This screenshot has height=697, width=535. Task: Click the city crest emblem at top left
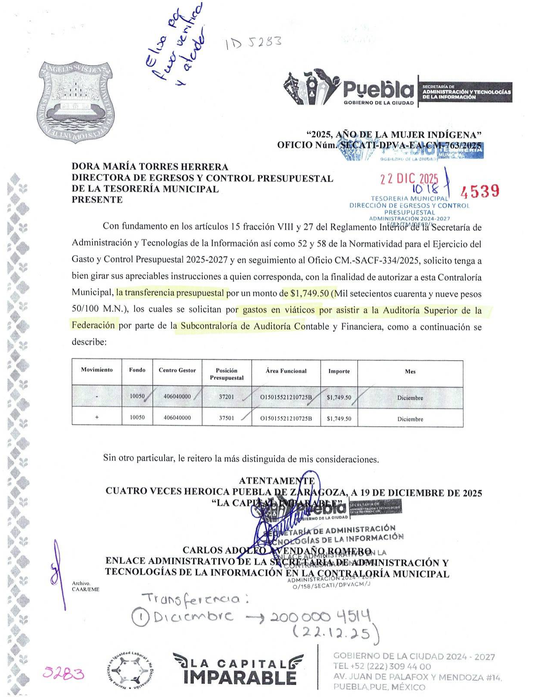coord(76,102)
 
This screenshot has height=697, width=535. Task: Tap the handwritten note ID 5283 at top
coord(253,42)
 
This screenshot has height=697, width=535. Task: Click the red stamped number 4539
coord(480,190)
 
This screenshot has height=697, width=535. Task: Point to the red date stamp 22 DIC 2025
coord(409,179)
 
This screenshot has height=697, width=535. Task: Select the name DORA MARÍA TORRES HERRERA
coord(150,167)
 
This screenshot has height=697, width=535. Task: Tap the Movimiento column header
coord(97,370)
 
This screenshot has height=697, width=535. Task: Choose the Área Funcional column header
coord(286,371)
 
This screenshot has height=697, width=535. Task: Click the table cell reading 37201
coord(226,396)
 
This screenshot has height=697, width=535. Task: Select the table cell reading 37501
coord(226,418)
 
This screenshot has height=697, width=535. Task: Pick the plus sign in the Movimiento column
coord(97,418)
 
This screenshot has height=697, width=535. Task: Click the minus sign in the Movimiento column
coord(97,397)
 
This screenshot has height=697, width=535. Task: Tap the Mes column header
coord(410,371)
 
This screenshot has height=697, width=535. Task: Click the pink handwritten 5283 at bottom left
coord(63,673)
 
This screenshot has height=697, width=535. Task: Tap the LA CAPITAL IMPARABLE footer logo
coord(238,669)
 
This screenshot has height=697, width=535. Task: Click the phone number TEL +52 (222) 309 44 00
coord(382,666)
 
